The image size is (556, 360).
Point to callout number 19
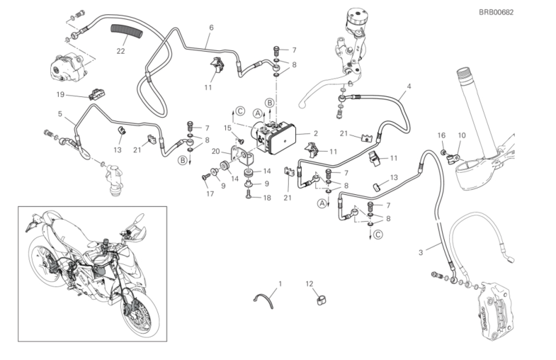tap(61, 94)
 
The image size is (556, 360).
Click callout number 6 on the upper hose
tap(211, 28)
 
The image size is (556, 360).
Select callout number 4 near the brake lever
tap(409, 88)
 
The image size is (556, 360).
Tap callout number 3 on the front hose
tap(420, 252)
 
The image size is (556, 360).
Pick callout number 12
tap(309, 284)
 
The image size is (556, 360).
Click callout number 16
tap(441, 135)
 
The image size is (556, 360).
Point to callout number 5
tap(61, 113)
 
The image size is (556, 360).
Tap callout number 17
tap(210, 193)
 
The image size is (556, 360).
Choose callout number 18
tap(266, 198)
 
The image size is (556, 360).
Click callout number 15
tap(228, 128)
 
